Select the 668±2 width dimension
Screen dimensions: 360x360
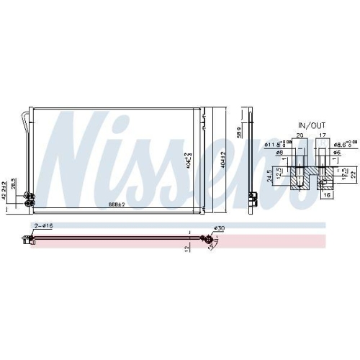tap(117, 205)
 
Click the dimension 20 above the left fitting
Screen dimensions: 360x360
tap(299, 134)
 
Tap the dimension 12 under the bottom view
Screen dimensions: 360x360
tap(186, 248)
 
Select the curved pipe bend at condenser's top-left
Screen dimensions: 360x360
tap(28, 114)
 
